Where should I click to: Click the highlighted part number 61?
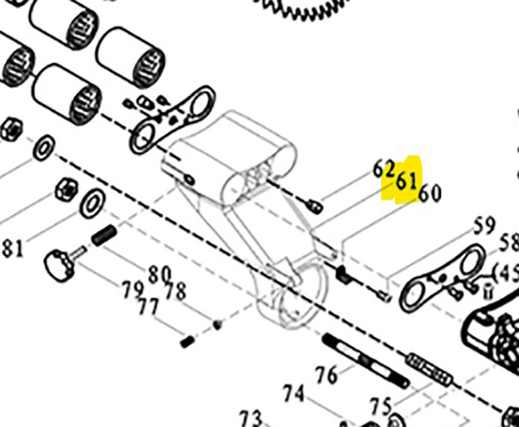[x=406, y=182]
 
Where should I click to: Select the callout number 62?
[x=384, y=169]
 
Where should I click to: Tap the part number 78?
[x=174, y=291]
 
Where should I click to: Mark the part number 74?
[x=294, y=395]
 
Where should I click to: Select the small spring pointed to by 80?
[x=103, y=236]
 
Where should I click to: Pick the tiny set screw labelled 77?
[x=187, y=341]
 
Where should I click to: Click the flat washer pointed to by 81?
[x=91, y=203]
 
